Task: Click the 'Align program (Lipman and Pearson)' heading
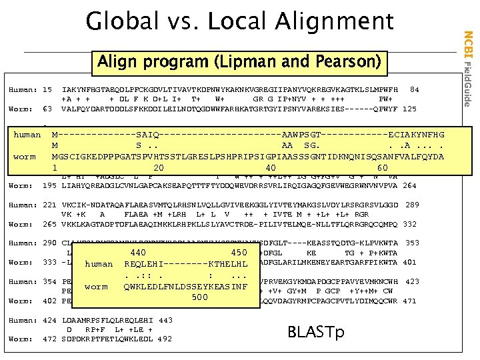pos(239,63)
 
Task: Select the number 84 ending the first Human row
pos(414,89)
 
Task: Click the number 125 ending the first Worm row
pos(410,109)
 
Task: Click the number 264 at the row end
pos(410,186)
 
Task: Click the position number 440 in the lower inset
pos(138,253)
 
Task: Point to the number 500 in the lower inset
pos(200,297)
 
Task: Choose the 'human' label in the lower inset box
pos(99,264)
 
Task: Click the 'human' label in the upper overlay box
pos(27,135)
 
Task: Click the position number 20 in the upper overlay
pos(159,168)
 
